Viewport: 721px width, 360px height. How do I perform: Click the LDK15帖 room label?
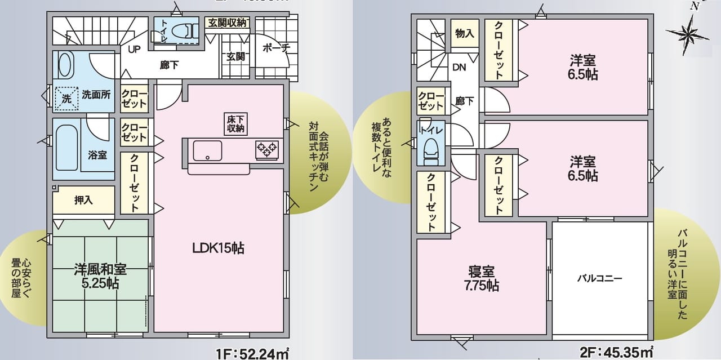pyautogui.click(x=219, y=248)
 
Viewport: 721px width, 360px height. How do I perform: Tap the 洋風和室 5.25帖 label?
pyautogui.click(x=100, y=275)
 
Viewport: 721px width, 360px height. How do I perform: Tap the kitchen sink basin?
pyautogui.click(x=207, y=150)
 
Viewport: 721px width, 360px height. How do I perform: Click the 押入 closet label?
pyautogui.click(x=83, y=200)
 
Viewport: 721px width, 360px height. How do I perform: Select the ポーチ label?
pyautogui.click(x=275, y=48)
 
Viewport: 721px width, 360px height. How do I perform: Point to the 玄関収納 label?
pyautogui.click(x=227, y=23)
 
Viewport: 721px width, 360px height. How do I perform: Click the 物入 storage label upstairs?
pyautogui.click(x=464, y=34)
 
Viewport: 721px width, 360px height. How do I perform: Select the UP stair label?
pyautogui.click(x=134, y=49)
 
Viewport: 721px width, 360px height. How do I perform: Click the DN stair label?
pyautogui.click(x=459, y=67)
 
